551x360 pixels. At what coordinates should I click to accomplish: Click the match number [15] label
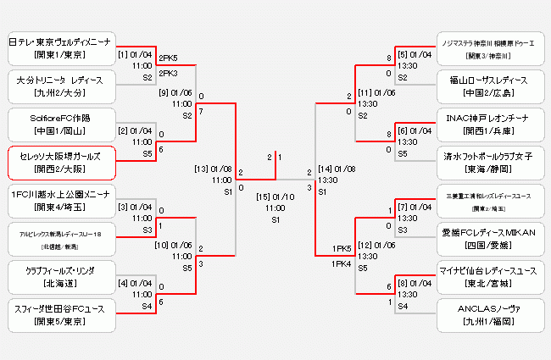pyautogui.click(x=263, y=197)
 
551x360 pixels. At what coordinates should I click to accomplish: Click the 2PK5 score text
pyautogui.click(x=169, y=58)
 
